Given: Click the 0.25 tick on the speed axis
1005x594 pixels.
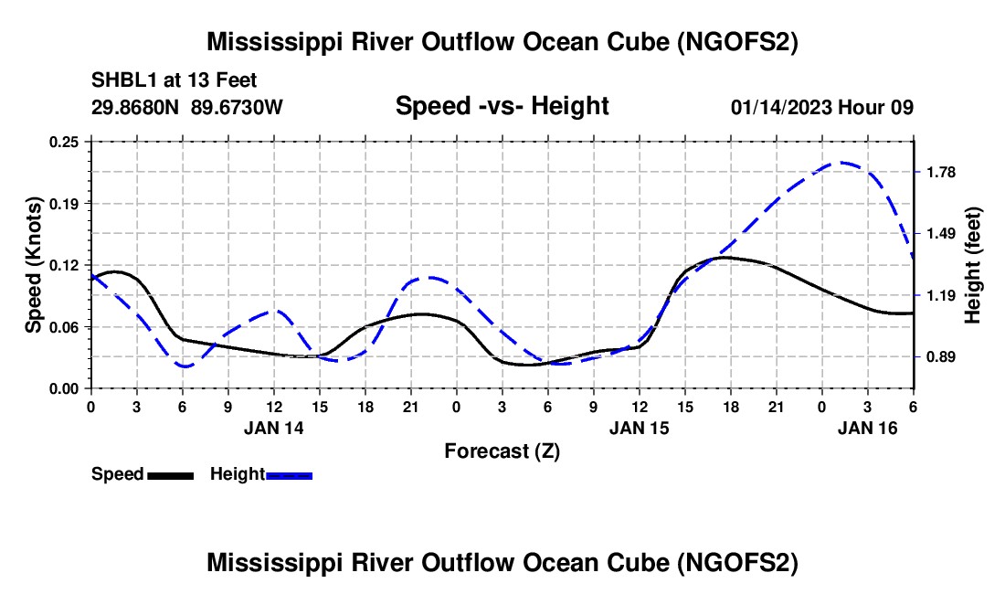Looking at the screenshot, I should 67,142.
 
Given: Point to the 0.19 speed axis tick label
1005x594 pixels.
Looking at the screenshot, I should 67,203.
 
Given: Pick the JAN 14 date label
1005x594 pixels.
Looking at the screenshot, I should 274,428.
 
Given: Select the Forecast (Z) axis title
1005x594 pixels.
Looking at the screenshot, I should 502,451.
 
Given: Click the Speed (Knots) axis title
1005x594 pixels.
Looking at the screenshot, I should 34,265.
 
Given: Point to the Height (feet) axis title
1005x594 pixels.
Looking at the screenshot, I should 972,265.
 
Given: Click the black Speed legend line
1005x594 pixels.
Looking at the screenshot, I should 171,474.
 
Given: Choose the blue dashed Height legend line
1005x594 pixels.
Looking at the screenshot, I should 290,474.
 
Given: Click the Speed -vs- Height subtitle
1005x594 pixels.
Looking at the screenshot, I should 502,106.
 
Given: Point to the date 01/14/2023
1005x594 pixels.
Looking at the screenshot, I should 782,106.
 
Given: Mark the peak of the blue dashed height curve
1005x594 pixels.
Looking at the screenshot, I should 841,163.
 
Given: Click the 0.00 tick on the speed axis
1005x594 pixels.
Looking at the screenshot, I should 67,388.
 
